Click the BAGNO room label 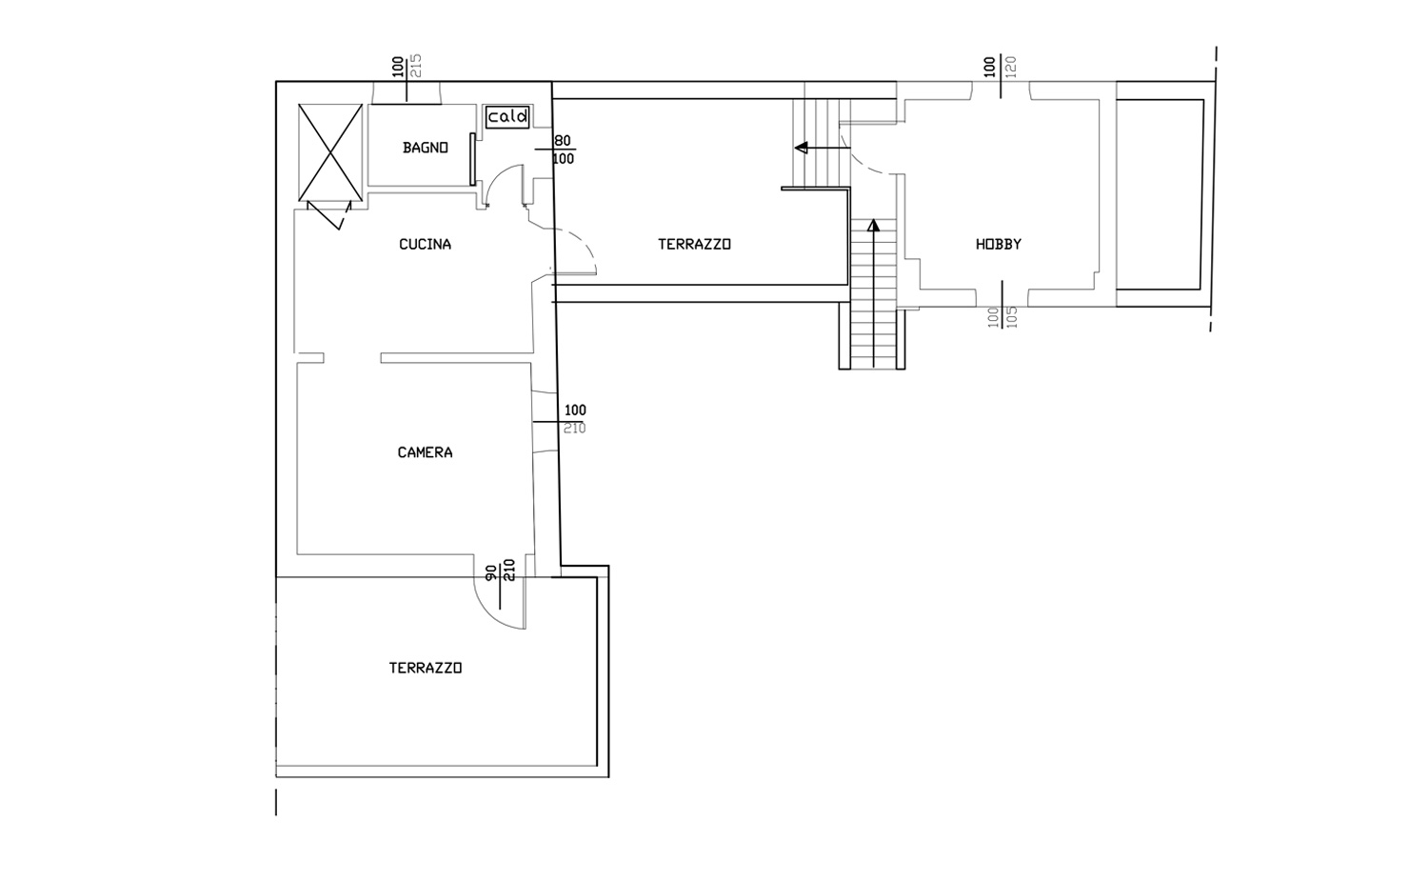click(x=426, y=148)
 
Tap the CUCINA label click(x=426, y=244)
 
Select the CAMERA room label click(x=426, y=452)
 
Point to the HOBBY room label click(x=999, y=244)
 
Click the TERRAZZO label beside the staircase click(x=694, y=244)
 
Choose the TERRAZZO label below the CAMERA click(x=426, y=668)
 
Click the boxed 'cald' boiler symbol click(x=507, y=117)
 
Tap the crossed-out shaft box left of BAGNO click(x=330, y=152)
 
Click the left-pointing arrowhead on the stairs click(x=801, y=148)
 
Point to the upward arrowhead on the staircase click(x=873, y=225)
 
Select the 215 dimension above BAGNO click(x=415, y=66)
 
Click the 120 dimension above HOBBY click(x=1011, y=67)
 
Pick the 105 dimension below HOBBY click(x=1011, y=318)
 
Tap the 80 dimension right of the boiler click(x=563, y=141)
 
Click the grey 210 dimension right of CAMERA click(x=574, y=429)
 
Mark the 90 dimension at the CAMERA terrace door click(x=491, y=572)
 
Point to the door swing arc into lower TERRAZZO click(x=490, y=611)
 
